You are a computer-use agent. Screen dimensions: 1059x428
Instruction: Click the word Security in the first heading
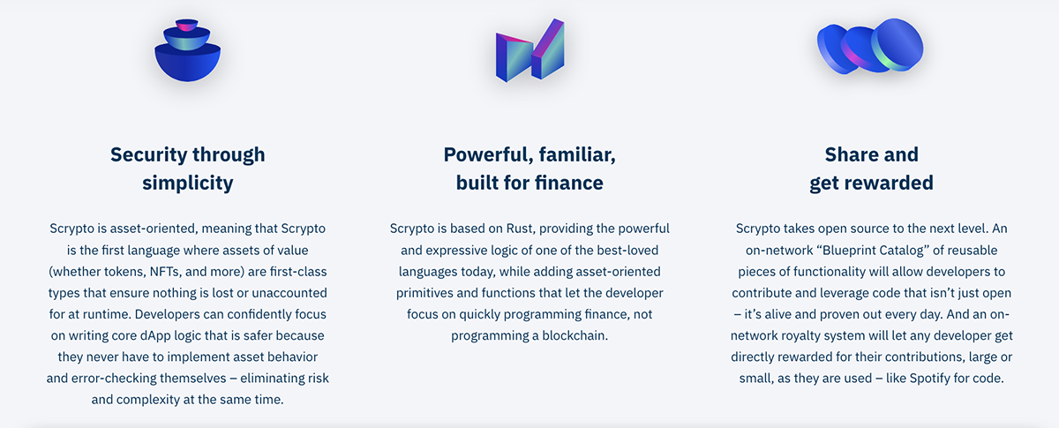149,155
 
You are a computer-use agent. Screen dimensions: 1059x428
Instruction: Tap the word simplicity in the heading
188,184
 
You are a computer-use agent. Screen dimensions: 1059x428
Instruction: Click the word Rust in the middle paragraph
521,229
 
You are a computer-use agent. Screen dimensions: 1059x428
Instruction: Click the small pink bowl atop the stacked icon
187,25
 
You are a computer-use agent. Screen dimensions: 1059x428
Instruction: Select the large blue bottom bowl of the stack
188,63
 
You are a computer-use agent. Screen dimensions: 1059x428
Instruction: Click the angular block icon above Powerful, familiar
530,50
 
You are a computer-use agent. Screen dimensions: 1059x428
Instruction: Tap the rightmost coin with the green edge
898,45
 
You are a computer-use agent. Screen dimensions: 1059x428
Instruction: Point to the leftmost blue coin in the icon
833,49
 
